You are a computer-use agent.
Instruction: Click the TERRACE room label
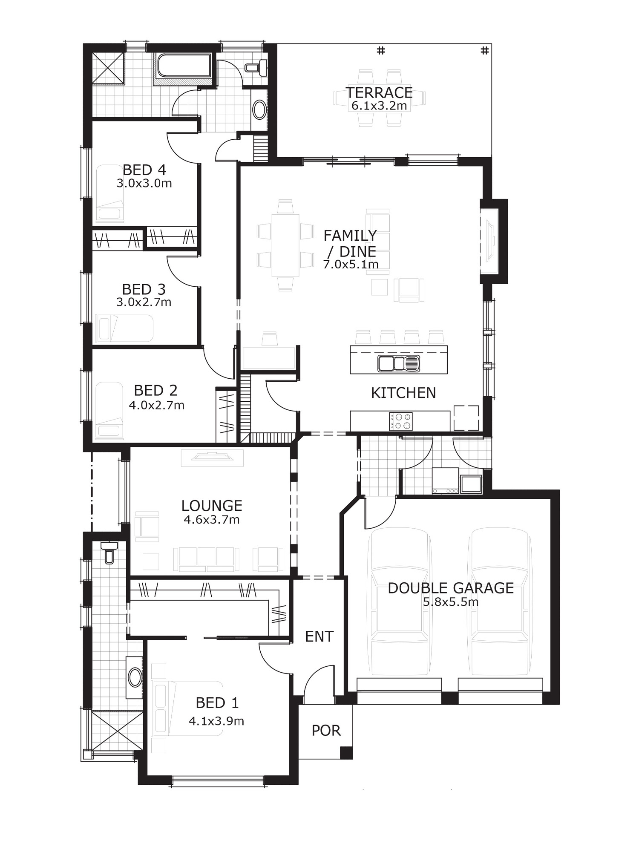379,92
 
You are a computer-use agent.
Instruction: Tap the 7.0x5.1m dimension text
351,265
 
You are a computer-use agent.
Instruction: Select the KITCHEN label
403,393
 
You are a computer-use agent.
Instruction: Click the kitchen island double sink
399,363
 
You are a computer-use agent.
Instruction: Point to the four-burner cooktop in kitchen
401,421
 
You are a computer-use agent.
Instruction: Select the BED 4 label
144,170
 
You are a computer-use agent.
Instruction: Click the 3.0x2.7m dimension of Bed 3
144,302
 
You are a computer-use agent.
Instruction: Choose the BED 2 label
155,390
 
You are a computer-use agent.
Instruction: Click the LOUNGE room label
212,506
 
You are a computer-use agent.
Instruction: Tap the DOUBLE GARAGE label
451,588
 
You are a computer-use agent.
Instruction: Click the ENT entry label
319,637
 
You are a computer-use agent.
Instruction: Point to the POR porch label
326,731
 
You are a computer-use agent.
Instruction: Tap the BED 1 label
217,702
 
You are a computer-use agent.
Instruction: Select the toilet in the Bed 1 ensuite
109,553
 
